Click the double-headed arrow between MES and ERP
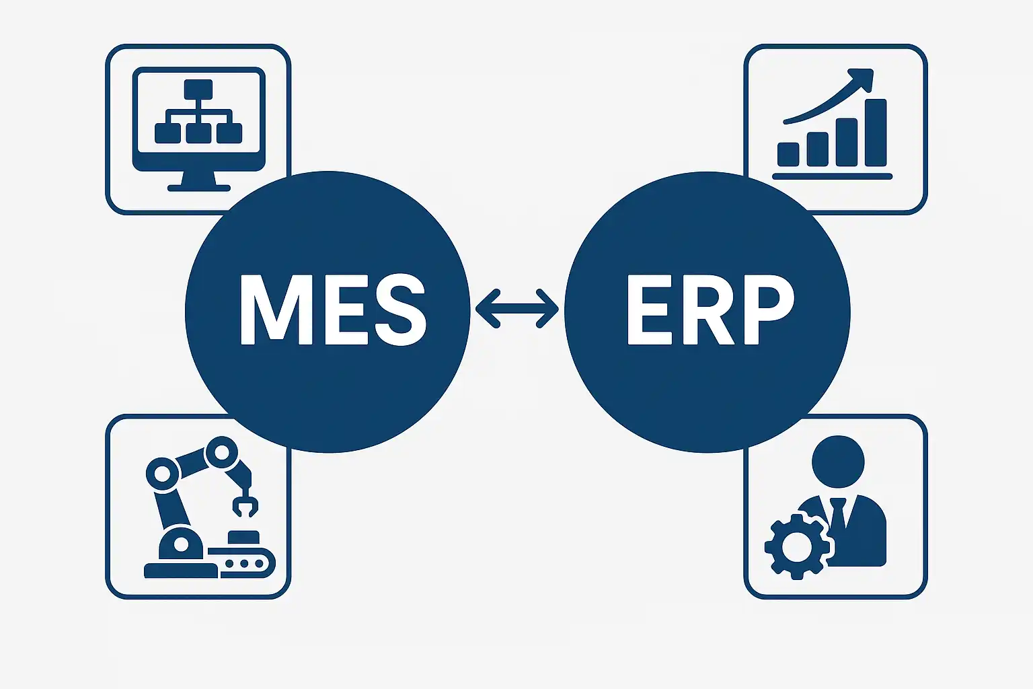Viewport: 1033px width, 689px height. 516,309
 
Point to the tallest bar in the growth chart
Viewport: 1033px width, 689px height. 876,133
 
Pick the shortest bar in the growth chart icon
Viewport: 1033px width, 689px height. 788,154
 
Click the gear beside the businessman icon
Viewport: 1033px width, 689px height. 798,546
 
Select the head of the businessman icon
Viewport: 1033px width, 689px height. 837,462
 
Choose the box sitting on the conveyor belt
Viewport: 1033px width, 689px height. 243,538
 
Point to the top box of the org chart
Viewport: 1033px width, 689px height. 198,89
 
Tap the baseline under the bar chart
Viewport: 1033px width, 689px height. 832,176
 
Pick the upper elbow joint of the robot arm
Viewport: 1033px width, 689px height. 221,451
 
